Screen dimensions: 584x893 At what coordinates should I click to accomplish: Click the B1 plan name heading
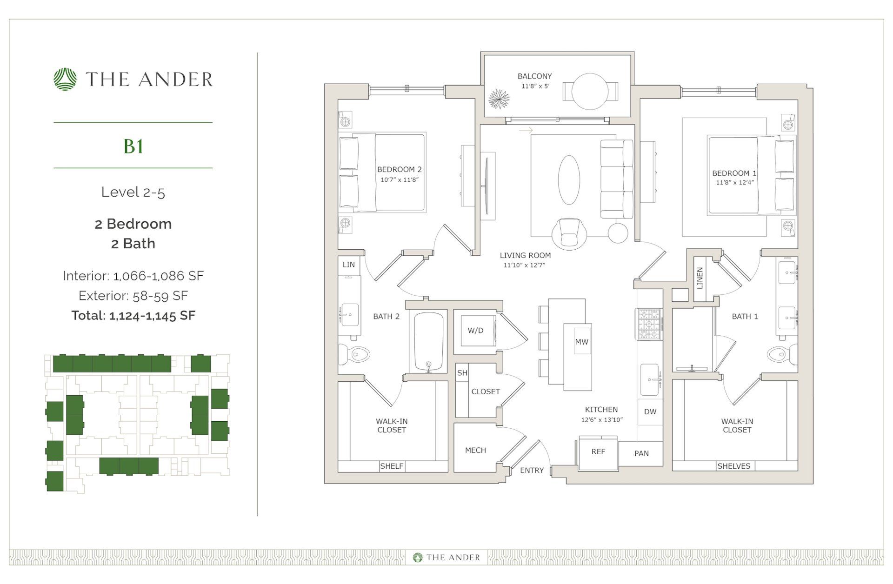click(x=133, y=146)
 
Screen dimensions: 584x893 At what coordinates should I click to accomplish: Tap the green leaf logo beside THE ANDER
click(x=65, y=79)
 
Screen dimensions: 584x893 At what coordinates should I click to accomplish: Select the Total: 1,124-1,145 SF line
click(x=133, y=316)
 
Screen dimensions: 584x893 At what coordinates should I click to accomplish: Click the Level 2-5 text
click(x=133, y=192)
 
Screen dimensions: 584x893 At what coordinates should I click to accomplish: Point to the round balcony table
click(x=590, y=91)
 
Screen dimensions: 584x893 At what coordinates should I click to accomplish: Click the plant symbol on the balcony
click(x=499, y=99)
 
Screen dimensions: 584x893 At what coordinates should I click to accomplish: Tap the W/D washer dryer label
click(x=475, y=331)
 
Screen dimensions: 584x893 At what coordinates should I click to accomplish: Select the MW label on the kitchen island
click(x=582, y=342)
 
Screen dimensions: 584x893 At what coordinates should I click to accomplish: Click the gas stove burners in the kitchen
click(x=649, y=324)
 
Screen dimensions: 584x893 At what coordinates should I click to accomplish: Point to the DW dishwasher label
click(x=650, y=411)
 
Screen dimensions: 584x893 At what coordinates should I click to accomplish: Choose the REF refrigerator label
click(x=598, y=451)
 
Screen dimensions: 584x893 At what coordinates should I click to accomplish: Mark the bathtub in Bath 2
click(x=428, y=342)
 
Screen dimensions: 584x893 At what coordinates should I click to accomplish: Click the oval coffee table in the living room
click(x=568, y=180)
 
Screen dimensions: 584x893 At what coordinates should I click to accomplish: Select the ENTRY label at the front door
click(x=532, y=470)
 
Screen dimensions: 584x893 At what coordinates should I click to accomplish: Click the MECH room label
click(x=475, y=450)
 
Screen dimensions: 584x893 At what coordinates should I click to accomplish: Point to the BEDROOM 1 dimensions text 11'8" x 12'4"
click(x=734, y=183)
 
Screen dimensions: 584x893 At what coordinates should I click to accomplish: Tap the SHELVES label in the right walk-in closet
click(x=733, y=466)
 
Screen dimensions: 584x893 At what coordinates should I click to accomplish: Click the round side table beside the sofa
click(x=618, y=233)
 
